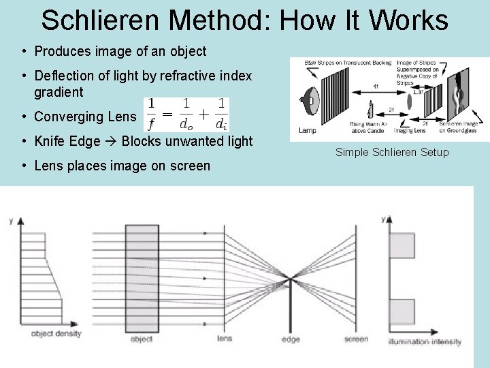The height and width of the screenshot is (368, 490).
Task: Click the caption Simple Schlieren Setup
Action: point(392,152)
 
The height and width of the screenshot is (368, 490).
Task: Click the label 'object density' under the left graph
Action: point(56,334)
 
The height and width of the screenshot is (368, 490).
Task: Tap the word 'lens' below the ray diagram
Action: point(225,339)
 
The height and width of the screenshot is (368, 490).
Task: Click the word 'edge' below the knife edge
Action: point(291,339)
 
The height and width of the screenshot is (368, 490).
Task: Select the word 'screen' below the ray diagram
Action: point(357,339)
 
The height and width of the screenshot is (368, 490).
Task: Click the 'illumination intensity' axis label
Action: point(425,341)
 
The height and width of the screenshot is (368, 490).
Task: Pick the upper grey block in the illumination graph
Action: point(401,245)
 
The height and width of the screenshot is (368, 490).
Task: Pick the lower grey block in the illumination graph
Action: point(401,310)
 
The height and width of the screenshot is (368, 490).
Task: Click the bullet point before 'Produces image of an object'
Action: point(24,51)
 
